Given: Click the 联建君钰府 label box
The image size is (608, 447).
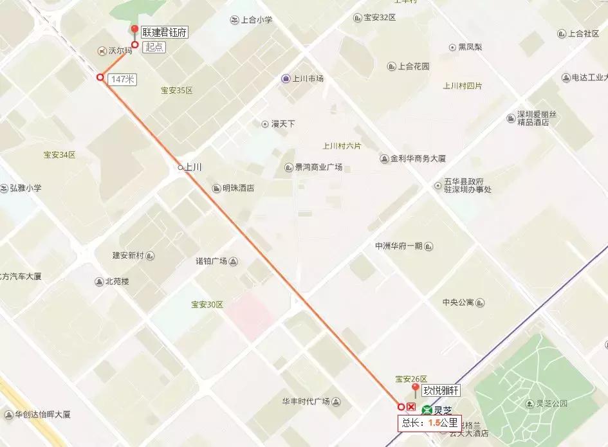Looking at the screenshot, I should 164,32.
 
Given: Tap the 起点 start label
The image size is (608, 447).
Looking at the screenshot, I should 154,46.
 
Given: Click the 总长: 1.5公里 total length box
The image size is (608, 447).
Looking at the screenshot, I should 430,423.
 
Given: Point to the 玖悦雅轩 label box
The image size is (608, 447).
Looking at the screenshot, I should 441,390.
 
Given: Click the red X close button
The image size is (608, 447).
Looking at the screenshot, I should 411,406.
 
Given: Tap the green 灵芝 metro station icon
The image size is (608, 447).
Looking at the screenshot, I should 427,410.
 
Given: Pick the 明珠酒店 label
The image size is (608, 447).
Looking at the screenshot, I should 238,188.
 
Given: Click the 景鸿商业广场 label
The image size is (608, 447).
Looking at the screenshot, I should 318,168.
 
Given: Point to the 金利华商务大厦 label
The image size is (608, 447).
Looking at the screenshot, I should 418,158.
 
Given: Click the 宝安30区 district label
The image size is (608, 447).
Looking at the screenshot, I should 207,304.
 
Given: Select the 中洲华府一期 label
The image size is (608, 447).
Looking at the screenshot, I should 399,246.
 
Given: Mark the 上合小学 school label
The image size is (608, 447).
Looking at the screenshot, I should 256,20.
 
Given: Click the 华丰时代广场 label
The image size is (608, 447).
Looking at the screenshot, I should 306,401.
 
